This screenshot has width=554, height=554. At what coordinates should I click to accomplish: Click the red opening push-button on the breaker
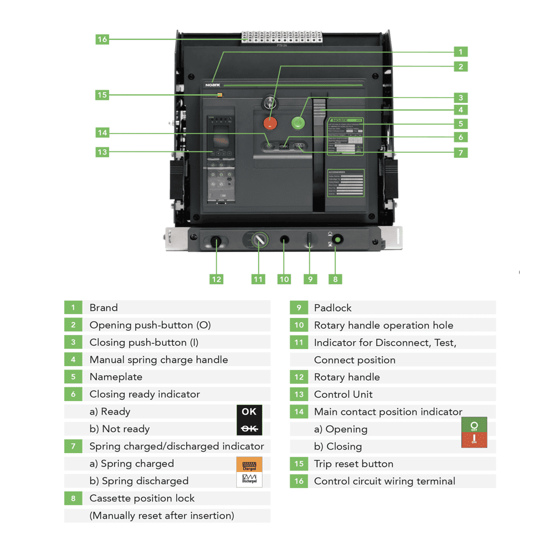(270, 123)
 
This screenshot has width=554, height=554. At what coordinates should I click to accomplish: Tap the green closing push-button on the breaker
(299, 122)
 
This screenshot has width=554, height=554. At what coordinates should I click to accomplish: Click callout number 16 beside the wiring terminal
(102, 39)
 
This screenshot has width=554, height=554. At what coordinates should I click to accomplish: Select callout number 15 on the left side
(102, 95)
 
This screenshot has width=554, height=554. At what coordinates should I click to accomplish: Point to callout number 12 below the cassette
(217, 279)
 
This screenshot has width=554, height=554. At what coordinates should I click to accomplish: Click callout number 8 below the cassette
(335, 279)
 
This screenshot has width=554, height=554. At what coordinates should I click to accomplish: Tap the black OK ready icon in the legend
(249, 412)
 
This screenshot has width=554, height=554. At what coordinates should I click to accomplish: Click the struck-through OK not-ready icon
(249, 429)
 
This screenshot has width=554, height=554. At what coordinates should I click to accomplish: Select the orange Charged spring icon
(249, 464)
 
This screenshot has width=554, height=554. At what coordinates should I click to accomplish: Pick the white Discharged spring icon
(249, 480)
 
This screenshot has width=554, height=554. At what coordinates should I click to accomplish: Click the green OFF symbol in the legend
(474, 425)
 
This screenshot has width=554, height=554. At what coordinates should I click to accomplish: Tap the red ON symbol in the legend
(474, 440)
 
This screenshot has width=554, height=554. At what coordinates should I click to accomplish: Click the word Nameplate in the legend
(116, 377)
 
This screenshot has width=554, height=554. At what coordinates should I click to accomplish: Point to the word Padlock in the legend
(332, 308)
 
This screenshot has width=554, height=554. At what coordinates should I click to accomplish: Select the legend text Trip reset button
(353, 464)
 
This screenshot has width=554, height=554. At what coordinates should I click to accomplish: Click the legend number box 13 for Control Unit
(299, 394)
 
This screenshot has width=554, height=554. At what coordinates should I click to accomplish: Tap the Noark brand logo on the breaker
(213, 85)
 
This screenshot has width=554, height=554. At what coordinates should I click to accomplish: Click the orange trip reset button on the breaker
(219, 95)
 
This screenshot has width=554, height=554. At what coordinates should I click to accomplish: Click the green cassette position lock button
(335, 240)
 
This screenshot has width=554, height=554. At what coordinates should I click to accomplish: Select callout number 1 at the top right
(460, 52)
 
